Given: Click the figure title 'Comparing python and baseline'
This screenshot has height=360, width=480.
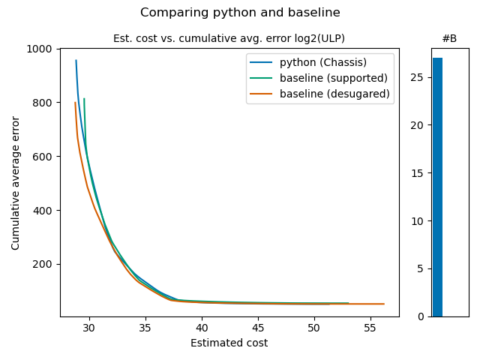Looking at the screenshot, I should pyautogui.click(x=240, y=13).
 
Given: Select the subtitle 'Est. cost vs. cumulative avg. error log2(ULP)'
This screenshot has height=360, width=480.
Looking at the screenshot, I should pyautogui.click(x=229, y=38).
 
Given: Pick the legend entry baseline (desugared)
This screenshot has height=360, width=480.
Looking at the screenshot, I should pyautogui.click(x=334, y=94).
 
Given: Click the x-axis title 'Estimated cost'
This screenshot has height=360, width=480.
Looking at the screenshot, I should pyautogui.click(x=229, y=343).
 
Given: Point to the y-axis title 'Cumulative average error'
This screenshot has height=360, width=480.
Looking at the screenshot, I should pyautogui.click(x=16, y=182).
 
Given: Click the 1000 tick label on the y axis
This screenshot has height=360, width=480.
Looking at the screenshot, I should pyautogui.click(x=40, y=49).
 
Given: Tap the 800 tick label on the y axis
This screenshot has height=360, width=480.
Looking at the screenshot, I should pyautogui.click(x=43, y=103).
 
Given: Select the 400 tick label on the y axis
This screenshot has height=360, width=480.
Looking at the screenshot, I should pyautogui.click(x=43, y=211).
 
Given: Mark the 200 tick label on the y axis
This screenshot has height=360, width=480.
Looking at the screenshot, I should pyautogui.click(x=43, y=265).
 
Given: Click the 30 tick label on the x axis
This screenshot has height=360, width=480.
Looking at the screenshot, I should pyautogui.click(x=89, y=328).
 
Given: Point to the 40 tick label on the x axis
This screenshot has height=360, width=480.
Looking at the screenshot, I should pyautogui.click(x=202, y=328).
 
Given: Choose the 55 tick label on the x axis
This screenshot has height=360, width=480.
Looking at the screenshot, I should pyautogui.click(x=370, y=328).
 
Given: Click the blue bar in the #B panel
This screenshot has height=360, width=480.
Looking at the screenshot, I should pyautogui.click(x=437, y=187).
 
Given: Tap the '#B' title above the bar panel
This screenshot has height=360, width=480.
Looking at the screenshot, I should pyautogui.click(x=449, y=38).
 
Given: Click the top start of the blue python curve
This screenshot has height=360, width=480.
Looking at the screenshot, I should pyautogui.click(x=76, y=61).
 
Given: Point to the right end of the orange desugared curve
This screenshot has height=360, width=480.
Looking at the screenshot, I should pyautogui.click(x=384, y=304).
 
